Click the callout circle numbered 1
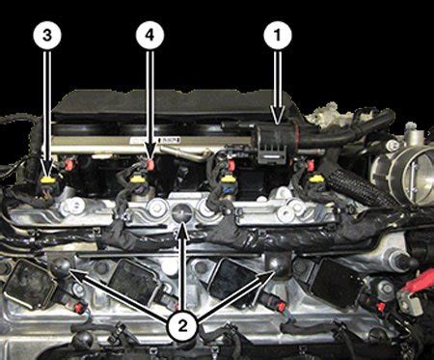[x=278, y=35]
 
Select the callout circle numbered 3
[x=46, y=35]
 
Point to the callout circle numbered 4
[x=148, y=35]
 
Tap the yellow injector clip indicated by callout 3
[x=47, y=178]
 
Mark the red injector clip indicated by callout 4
[x=148, y=162]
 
